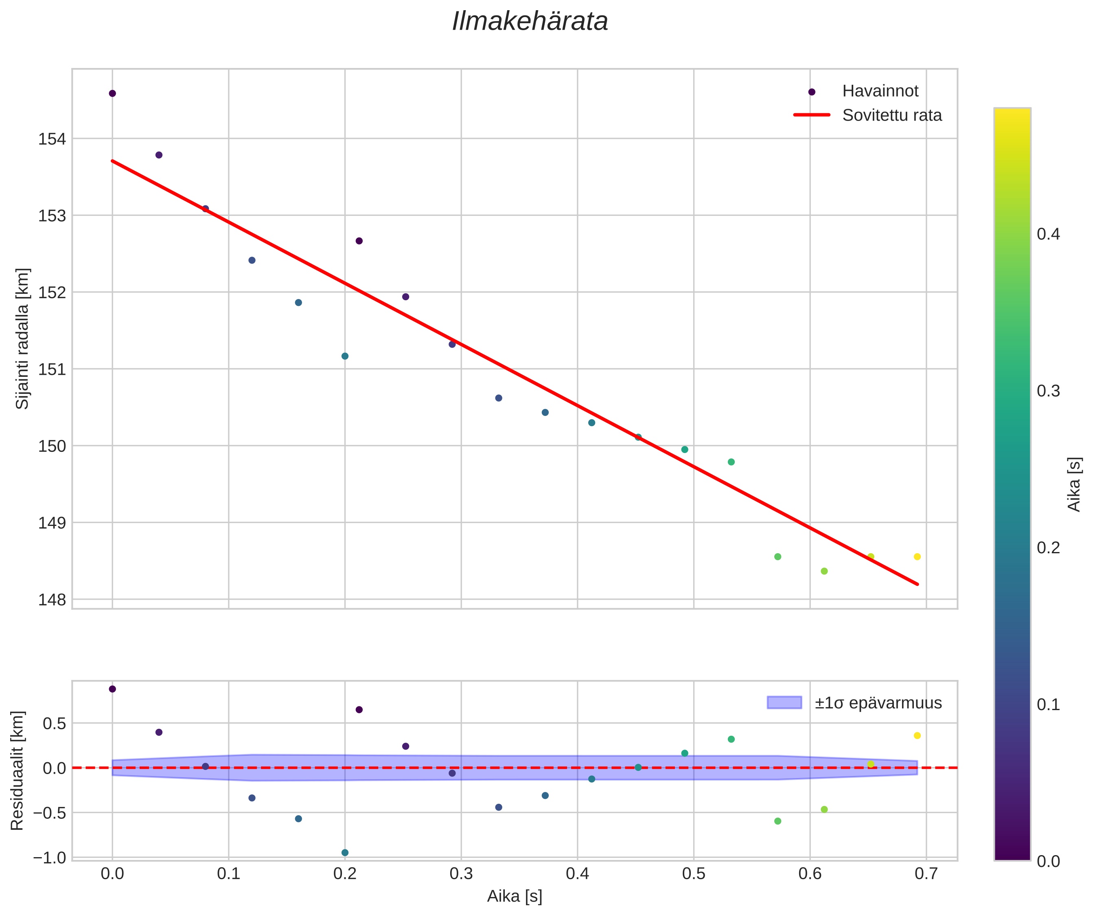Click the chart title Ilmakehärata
coord(530,22)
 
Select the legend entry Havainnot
coord(880,91)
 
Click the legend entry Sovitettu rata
coord(891,115)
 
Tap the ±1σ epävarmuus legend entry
coord(878,703)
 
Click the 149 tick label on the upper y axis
coord(52,523)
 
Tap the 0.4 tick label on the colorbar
coord(1048,234)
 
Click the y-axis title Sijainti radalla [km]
coord(22,339)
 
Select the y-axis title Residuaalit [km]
coord(17,771)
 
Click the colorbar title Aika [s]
coord(1074,484)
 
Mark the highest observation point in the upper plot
coord(112,93)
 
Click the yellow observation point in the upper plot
coord(917,557)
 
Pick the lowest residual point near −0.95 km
coord(344,853)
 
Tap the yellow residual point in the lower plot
coord(917,735)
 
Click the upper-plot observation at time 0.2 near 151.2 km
coord(344,356)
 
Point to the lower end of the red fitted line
coord(917,584)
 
